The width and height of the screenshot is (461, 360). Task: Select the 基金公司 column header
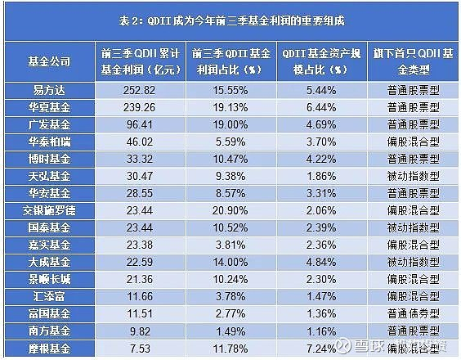(x=49, y=61)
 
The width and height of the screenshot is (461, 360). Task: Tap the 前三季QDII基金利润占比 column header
(x=233, y=61)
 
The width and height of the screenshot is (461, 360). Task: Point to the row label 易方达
(x=49, y=93)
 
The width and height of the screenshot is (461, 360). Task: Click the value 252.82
(x=142, y=93)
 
